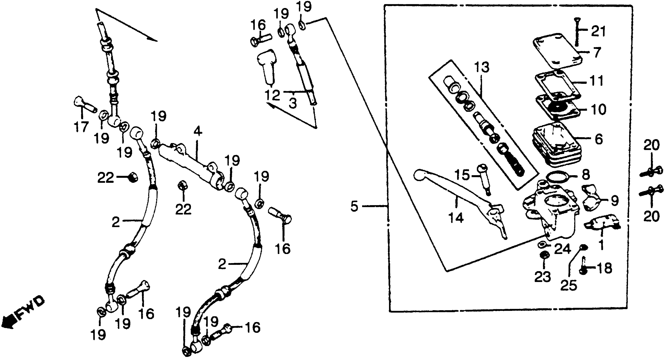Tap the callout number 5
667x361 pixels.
click(354, 207)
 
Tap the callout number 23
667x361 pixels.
click(543, 277)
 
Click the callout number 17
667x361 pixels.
click(81, 127)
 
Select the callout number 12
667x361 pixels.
click(272, 95)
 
